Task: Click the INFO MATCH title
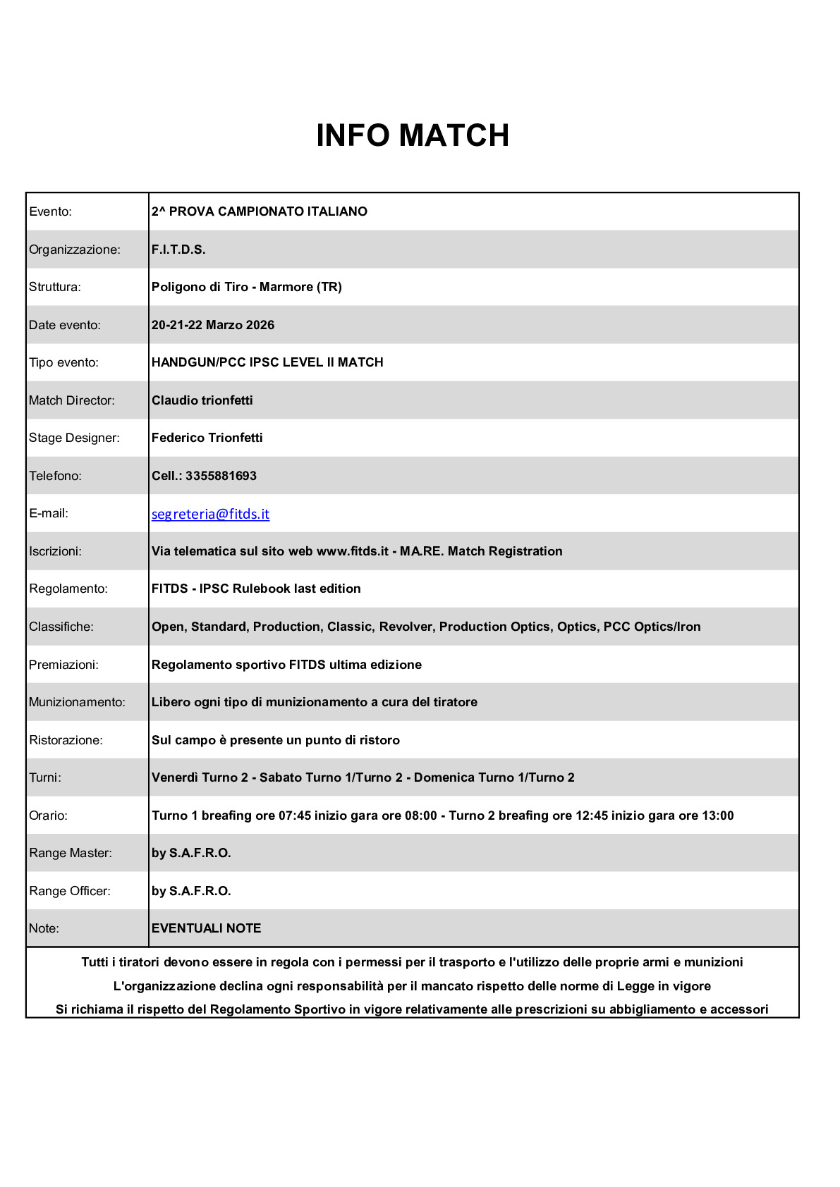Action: [x=413, y=135]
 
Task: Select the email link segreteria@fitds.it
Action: [x=210, y=514]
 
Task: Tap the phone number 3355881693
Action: [x=221, y=476]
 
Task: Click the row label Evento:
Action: [x=50, y=211]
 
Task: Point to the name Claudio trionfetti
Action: [x=202, y=400]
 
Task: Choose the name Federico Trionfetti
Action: [x=207, y=438]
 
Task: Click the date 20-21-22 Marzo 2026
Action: [x=212, y=325]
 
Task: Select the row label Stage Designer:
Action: [x=74, y=438]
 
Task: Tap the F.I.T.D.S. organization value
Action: [x=178, y=250]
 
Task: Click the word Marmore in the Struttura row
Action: [x=286, y=287]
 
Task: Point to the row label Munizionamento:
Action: [x=77, y=702]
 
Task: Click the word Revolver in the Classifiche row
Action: [x=408, y=627]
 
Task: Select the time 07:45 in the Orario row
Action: [x=295, y=816]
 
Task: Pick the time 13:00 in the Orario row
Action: [x=717, y=816]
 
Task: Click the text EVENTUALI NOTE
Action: [x=206, y=928]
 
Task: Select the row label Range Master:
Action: [x=71, y=853]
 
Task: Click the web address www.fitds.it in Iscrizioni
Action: [x=352, y=551]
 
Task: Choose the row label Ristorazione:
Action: [x=66, y=740]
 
